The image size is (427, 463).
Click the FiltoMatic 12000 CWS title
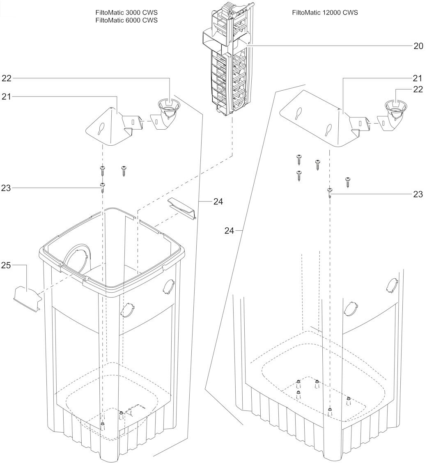coord(325,13)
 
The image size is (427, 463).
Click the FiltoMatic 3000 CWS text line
coord(126,13)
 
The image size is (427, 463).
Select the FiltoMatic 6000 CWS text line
coord(126,20)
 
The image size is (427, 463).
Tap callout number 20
coord(418,46)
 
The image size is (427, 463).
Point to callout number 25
coord(6,266)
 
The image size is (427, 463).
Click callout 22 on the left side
coord(7,78)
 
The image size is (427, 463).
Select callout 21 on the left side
coord(7,96)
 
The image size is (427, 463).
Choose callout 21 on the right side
coord(418,78)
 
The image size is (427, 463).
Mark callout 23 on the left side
coord(6,188)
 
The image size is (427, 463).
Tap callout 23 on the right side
coord(418,194)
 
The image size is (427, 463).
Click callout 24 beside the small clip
coord(218,202)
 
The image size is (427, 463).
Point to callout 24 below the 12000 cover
coord(229,231)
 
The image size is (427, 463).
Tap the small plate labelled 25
coord(27,298)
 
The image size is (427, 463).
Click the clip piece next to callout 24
coord(182,209)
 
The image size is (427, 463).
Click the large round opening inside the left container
coord(77,259)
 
